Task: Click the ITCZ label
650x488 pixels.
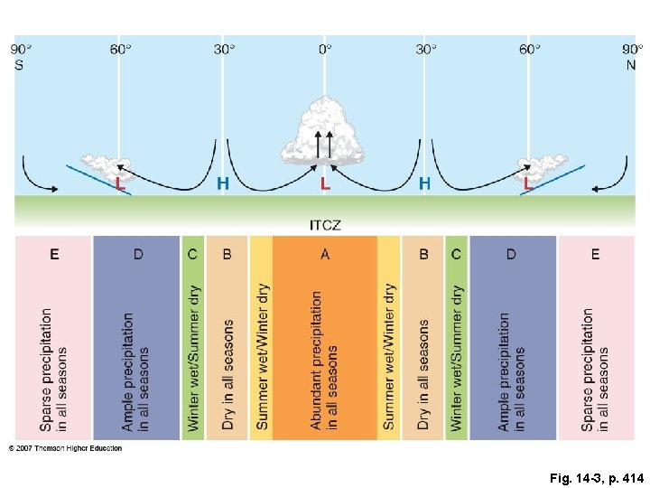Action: (x=325, y=223)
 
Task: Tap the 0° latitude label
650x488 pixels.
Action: (x=325, y=49)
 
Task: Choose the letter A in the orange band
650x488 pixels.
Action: (x=325, y=254)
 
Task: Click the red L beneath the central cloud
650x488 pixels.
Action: (x=325, y=183)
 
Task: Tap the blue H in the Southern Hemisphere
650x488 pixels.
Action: (x=223, y=183)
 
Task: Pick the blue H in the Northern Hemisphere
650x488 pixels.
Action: (x=424, y=183)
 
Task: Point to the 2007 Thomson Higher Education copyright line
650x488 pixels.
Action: (x=66, y=447)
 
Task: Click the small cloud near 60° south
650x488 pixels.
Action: (x=110, y=168)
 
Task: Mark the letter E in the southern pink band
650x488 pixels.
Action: (x=54, y=254)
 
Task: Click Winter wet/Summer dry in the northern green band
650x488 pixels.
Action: (x=457, y=358)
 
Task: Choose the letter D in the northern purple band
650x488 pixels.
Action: (x=511, y=254)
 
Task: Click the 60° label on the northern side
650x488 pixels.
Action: (x=530, y=49)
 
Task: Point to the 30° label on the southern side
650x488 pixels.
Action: (x=224, y=49)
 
